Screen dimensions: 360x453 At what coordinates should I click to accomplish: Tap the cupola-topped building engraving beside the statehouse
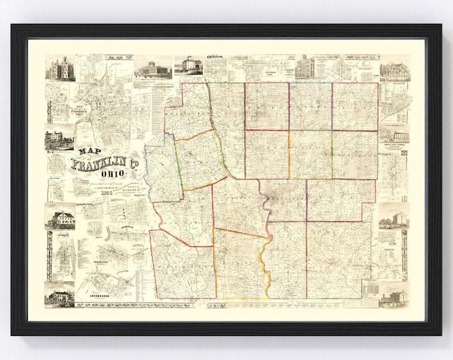coord(188,65)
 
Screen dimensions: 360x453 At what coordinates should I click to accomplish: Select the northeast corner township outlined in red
coord(355,107)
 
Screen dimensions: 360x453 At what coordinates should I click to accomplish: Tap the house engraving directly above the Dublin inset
coord(59,217)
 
